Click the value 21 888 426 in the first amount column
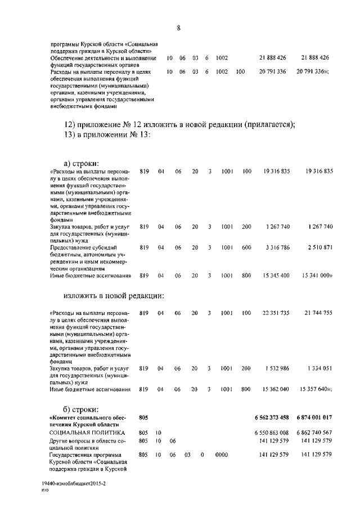tap(273, 58)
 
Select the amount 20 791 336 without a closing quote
tap(273, 71)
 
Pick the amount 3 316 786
tap(277, 247)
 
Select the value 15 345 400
tap(275, 276)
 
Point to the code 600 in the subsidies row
tap(246, 247)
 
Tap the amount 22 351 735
tap(275, 313)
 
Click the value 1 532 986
tap(277, 368)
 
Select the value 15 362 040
tap(275, 389)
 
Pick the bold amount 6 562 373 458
tap(272, 417)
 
